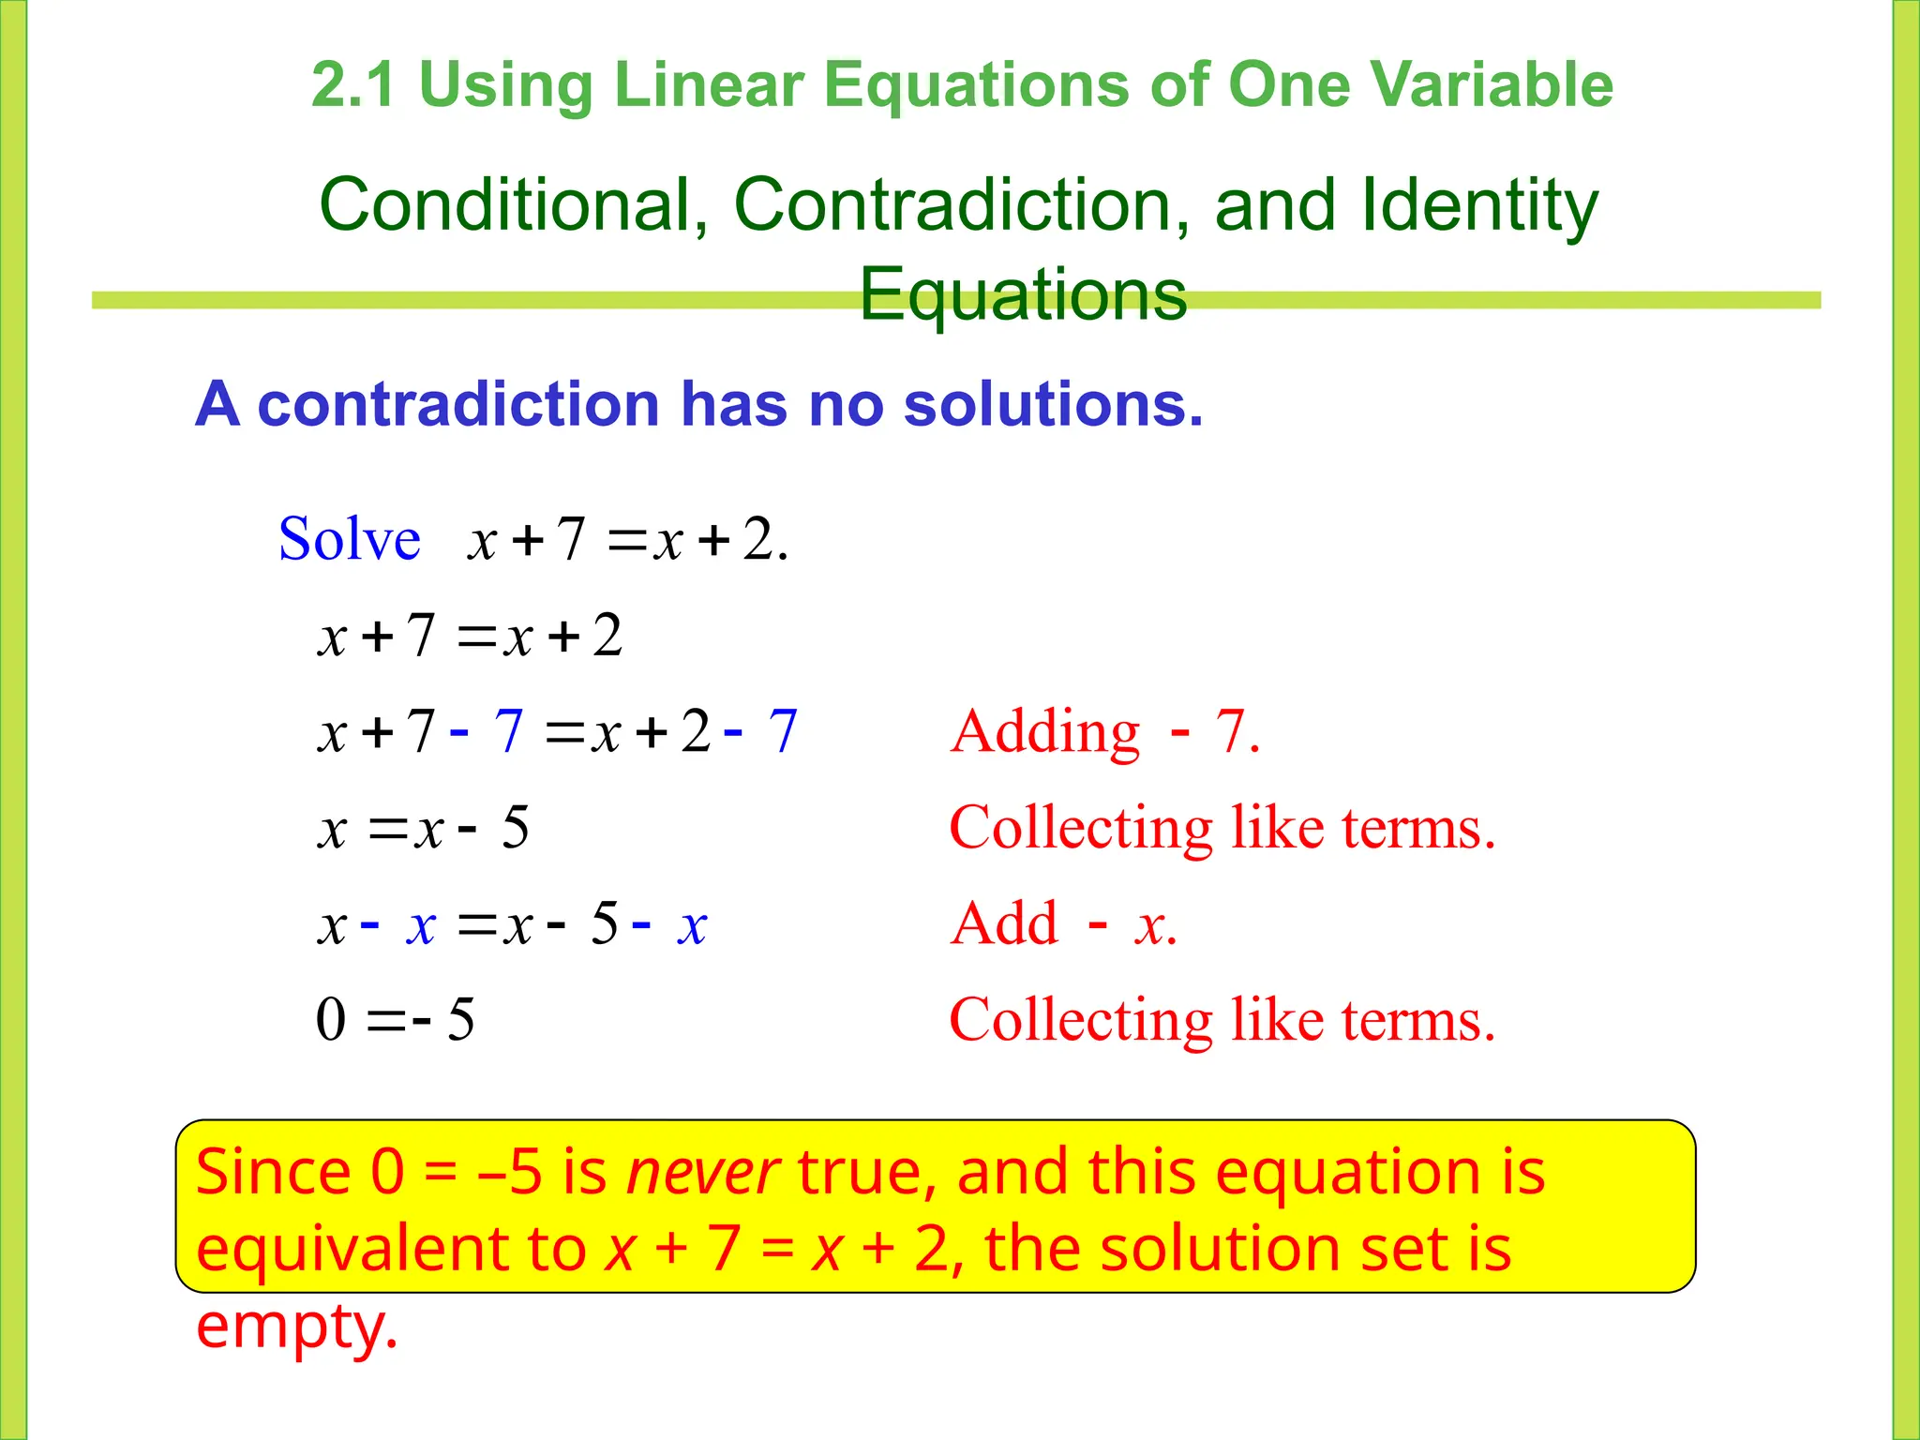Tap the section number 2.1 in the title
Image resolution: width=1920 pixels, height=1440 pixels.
coord(352,84)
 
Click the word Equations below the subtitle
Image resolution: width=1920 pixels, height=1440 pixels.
coord(1023,293)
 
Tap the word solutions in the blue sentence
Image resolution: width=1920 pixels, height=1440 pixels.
coord(1052,404)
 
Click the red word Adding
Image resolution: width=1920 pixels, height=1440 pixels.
coord(1045,731)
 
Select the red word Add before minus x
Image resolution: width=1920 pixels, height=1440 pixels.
coord(1004,923)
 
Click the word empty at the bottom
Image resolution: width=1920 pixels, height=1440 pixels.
coord(297,1325)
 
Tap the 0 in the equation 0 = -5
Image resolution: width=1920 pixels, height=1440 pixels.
coord(331,1019)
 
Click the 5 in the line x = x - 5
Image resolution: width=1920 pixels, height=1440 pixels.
coord(515,828)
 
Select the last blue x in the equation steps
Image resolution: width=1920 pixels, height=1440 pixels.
coord(692,925)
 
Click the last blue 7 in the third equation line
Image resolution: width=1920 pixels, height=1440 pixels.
coord(783,731)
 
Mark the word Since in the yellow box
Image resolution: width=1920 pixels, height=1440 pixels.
coord(273,1172)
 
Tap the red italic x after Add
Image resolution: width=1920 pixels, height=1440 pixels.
coord(1150,925)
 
